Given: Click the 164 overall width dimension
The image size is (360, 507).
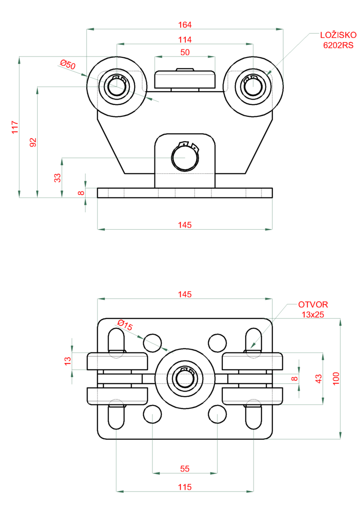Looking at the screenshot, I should (184, 24).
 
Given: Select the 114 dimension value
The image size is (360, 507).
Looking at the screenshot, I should (184, 39).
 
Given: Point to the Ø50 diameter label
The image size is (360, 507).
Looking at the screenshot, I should (68, 64).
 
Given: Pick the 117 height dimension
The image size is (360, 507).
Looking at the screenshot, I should (15, 127).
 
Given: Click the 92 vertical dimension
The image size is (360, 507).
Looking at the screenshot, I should (33, 142).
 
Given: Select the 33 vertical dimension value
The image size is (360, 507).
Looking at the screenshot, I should (57, 177).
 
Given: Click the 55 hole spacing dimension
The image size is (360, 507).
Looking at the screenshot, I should (184, 468).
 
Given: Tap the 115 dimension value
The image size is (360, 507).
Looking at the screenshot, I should (184, 487).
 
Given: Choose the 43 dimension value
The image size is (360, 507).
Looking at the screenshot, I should (319, 379).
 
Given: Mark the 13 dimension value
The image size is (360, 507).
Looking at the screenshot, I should (68, 361).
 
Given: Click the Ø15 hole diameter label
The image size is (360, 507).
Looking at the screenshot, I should (124, 326).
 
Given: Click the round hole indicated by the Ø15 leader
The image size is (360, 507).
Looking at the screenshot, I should (153, 342).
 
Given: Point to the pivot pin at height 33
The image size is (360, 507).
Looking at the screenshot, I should (184, 157).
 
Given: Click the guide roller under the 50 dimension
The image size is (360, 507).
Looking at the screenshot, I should (185, 79).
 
